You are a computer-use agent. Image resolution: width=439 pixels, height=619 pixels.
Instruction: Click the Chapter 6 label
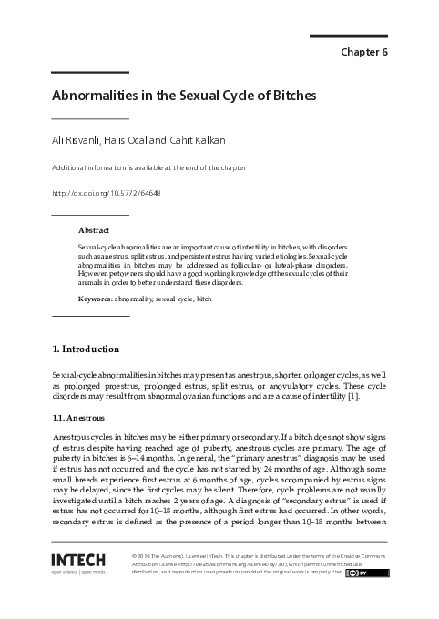click(x=364, y=52)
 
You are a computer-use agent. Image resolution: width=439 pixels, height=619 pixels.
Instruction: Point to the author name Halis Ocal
click(x=133, y=140)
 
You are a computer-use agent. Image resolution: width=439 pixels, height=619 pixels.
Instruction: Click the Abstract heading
click(x=94, y=231)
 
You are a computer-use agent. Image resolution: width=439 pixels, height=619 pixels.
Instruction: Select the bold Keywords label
click(x=96, y=299)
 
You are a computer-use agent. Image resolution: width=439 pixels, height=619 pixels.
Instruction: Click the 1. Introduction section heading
click(x=86, y=349)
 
